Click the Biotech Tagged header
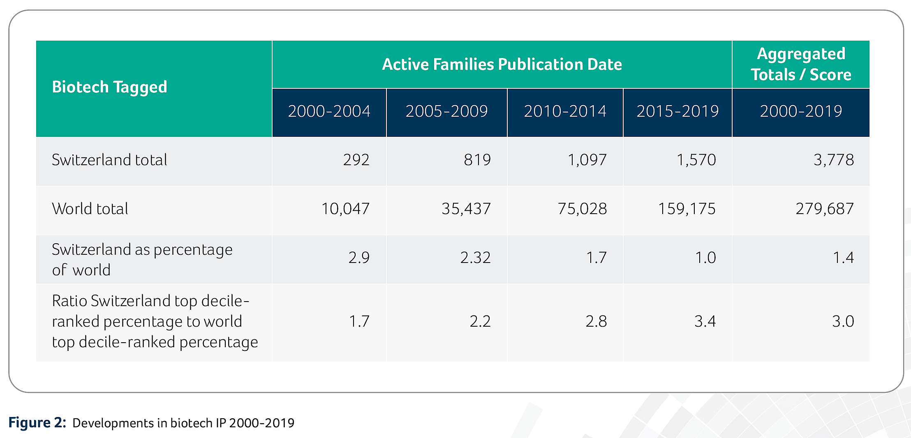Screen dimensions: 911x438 point(109,87)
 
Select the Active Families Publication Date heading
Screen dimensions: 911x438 point(502,64)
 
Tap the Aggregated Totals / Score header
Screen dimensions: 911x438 point(801,64)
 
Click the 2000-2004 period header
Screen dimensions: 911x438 point(329,111)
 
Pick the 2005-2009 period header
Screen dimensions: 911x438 point(446,111)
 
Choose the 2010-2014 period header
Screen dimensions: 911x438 point(565,111)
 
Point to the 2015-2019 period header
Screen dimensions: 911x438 point(677,111)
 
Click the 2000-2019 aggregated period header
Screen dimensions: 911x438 point(801,111)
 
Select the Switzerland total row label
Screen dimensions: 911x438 point(109,160)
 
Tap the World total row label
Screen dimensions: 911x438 point(90,209)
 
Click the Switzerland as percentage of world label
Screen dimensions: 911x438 point(142,260)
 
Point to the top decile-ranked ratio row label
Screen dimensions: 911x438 point(155,321)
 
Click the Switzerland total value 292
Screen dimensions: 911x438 point(356,160)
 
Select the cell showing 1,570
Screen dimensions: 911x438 point(696,160)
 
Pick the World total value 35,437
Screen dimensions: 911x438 point(466,209)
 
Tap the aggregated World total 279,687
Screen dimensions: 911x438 point(825,209)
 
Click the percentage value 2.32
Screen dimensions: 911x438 point(475,258)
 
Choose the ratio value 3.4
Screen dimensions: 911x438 point(705,321)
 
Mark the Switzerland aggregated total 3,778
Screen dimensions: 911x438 point(834,160)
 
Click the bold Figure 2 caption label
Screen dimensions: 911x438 point(37,422)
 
